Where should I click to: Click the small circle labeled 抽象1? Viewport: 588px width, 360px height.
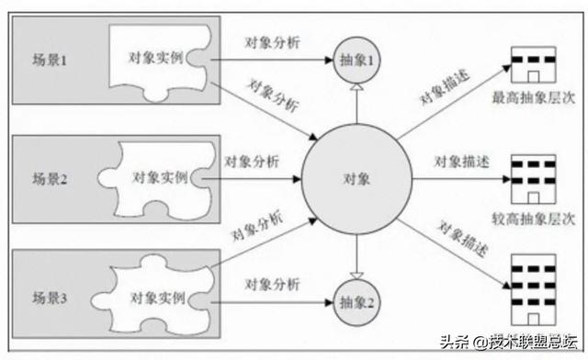[356, 61]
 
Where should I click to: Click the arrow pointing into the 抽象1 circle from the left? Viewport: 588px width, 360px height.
[276, 61]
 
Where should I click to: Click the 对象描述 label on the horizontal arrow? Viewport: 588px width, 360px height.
[461, 162]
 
